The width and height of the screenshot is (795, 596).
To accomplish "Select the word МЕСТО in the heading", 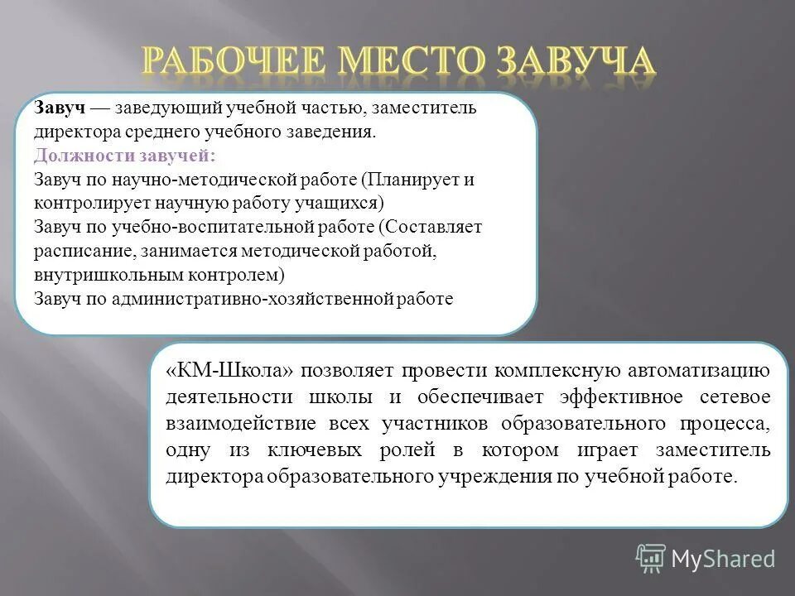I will pyautogui.click(x=408, y=63).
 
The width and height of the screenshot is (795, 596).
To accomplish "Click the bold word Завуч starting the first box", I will pyautogui.click(x=60, y=108).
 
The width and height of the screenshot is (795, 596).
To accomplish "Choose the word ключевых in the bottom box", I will pyautogui.click(x=315, y=450).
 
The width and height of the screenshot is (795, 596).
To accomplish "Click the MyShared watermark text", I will pyautogui.click(x=723, y=559).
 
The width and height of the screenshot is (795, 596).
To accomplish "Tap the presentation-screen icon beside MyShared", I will pyautogui.click(x=651, y=559).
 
